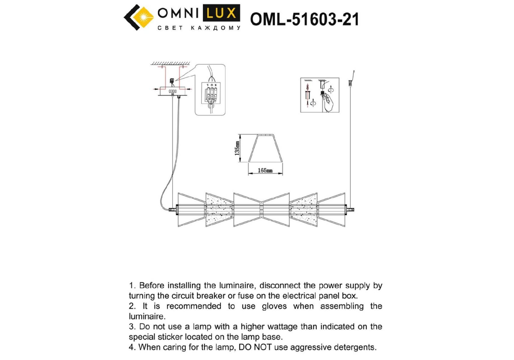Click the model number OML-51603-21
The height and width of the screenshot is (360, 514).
coord(304,19)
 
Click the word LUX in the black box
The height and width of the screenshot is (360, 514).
coord(221,13)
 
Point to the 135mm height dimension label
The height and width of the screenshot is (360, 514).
coord(237,148)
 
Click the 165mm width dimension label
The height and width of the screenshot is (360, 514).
coord(265,170)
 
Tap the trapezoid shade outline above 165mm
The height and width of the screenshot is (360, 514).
coord(266,148)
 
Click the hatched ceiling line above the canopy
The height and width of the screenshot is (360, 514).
coord(171,64)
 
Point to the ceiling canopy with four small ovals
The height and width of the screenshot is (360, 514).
coord(173,91)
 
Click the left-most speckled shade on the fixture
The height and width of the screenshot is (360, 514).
coord(219,210)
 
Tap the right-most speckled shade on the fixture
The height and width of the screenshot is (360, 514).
coord(303,210)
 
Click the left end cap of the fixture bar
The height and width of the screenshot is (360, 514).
coord(173,210)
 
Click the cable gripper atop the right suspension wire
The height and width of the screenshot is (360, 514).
coord(350,82)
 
